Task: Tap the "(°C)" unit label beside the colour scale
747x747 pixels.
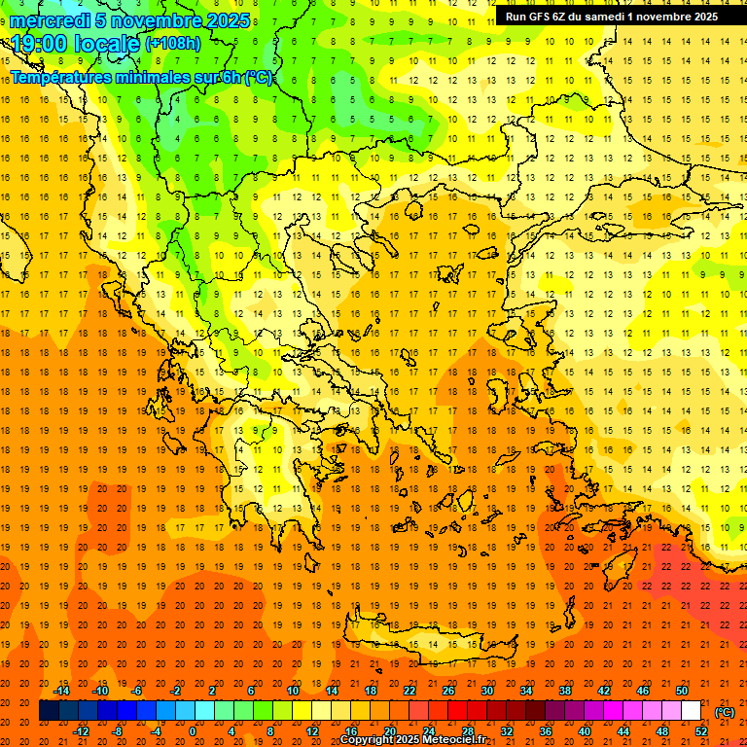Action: (x=725, y=712)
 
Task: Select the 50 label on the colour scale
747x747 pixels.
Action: (x=681, y=691)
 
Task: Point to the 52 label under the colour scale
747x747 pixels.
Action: (x=700, y=731)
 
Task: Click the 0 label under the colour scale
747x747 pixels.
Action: (x=193, y=731)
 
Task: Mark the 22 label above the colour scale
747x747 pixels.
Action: (x=409, y=691)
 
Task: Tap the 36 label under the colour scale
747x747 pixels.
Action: (x=546, y=731)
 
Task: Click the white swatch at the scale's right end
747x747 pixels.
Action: (x=691, y=711)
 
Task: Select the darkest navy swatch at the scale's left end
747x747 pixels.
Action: (x=50, y=711)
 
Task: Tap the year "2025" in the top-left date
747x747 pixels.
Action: (x=223, y=20)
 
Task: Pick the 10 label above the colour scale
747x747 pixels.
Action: (x=293, y=691)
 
